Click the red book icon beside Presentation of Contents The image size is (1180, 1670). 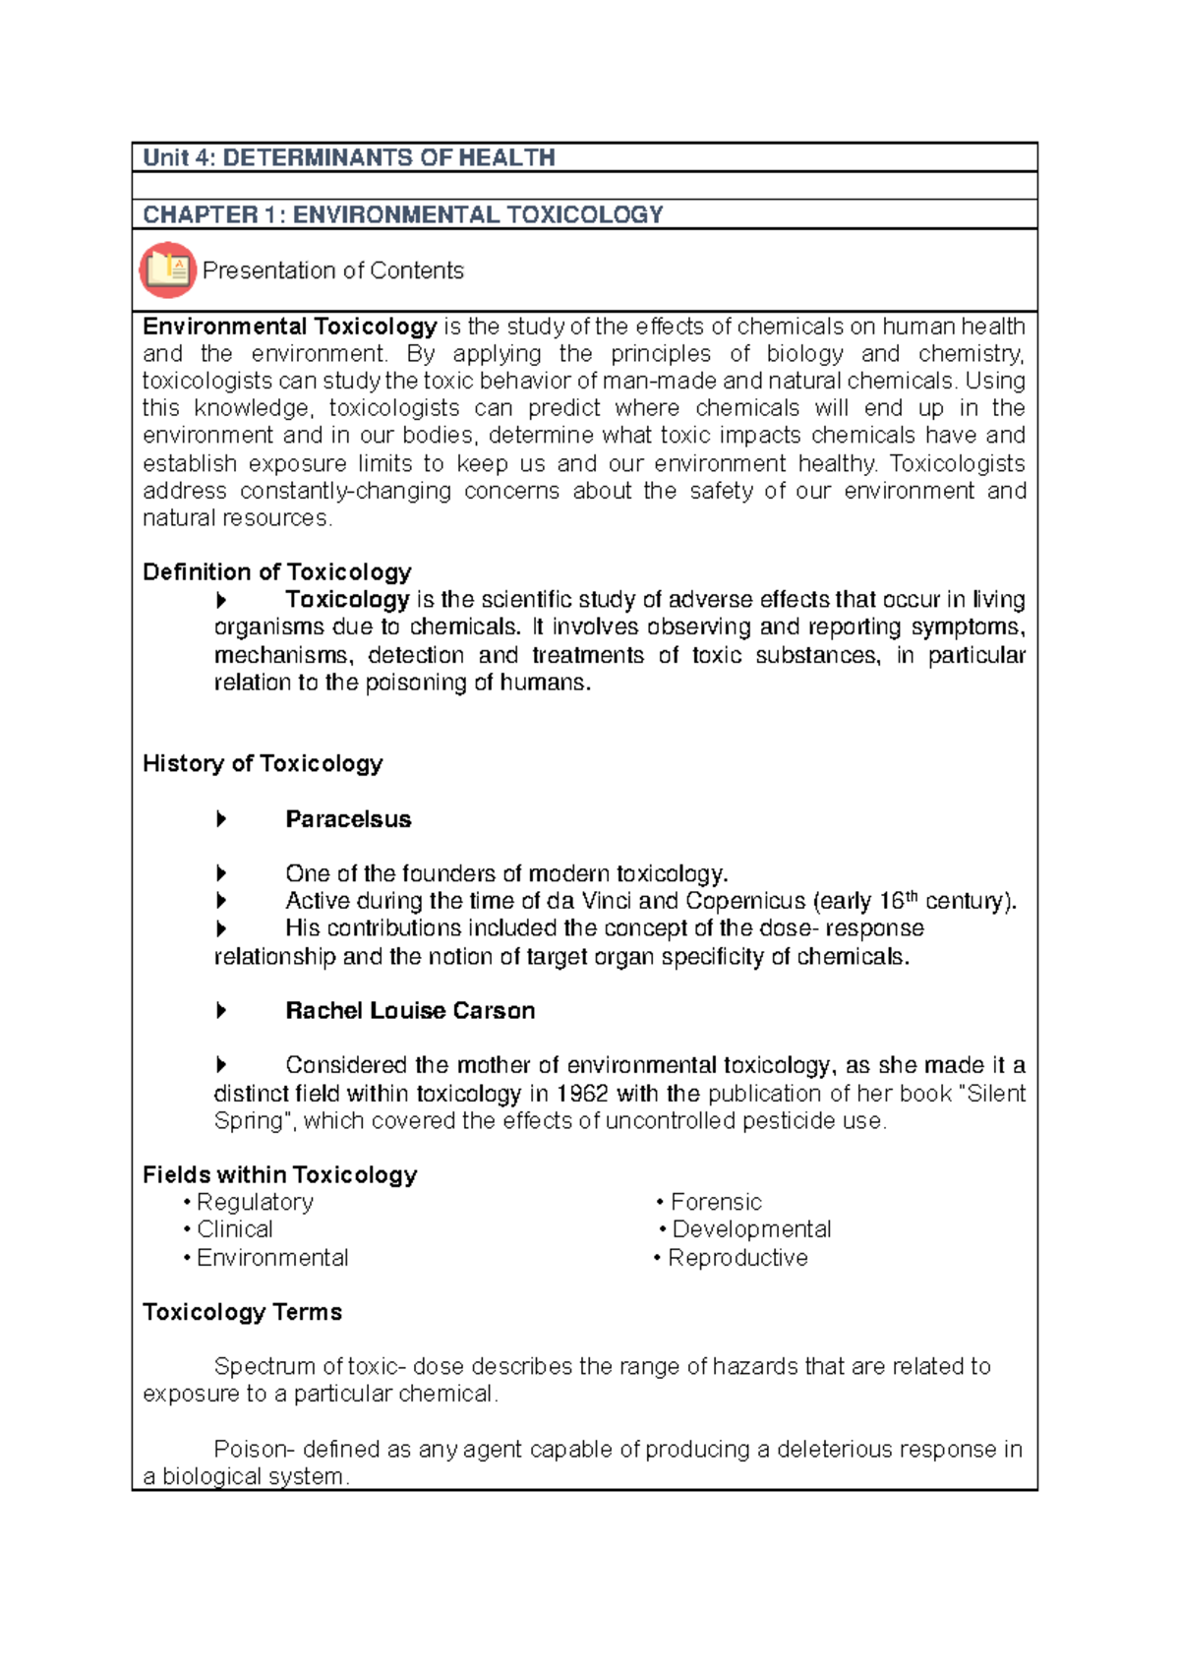(167, 269)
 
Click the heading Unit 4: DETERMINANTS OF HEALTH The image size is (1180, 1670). (349, 157)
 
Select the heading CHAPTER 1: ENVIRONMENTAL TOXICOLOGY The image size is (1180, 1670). (403, 214)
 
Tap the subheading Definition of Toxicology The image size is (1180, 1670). (276, 572)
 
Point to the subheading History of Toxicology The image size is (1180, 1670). (263, 763)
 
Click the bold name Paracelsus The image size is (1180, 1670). (348, 819)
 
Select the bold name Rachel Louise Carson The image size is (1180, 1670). (410, 1011)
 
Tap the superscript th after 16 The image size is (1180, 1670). (912, 896)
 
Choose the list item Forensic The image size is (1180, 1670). (716, 1202)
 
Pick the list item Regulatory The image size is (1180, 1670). (255, 1202)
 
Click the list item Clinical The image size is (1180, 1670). (235, 1229)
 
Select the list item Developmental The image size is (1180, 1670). (751, 1229)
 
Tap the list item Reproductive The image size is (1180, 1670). (737, 1258)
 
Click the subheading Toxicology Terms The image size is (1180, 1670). (242, 1312)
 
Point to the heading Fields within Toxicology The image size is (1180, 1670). (280, 1175)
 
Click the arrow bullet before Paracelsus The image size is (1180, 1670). (221, 819)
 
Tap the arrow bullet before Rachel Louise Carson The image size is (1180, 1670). (221, 1011)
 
